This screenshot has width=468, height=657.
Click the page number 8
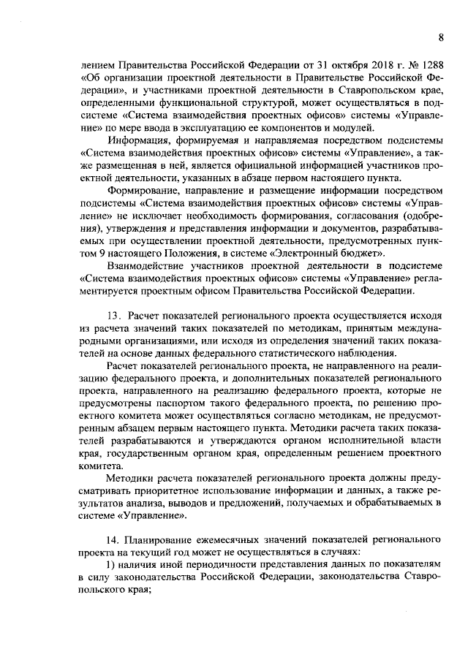click(442, 36)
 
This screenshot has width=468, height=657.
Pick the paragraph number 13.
click(113, 316)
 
